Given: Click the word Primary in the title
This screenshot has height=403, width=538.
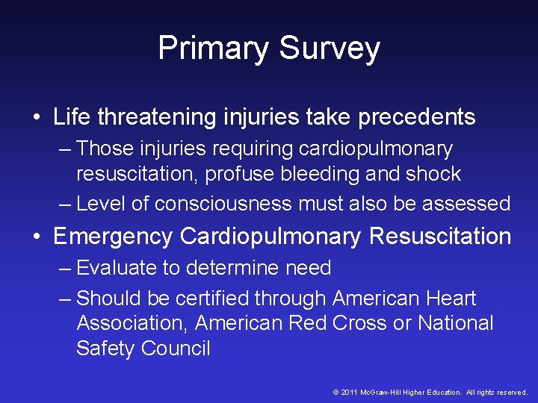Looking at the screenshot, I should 214,49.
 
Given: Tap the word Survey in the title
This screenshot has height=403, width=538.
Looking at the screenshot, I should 330,49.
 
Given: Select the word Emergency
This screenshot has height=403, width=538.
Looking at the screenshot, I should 113,237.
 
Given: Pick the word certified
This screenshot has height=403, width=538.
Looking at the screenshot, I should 212,299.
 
